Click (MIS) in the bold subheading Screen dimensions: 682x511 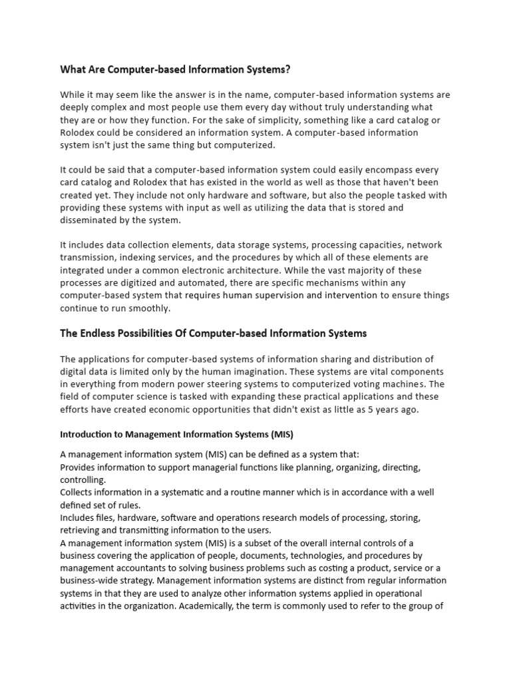point(281,434)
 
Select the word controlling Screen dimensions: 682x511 point(83,480)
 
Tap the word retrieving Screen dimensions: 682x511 point(79,530)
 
